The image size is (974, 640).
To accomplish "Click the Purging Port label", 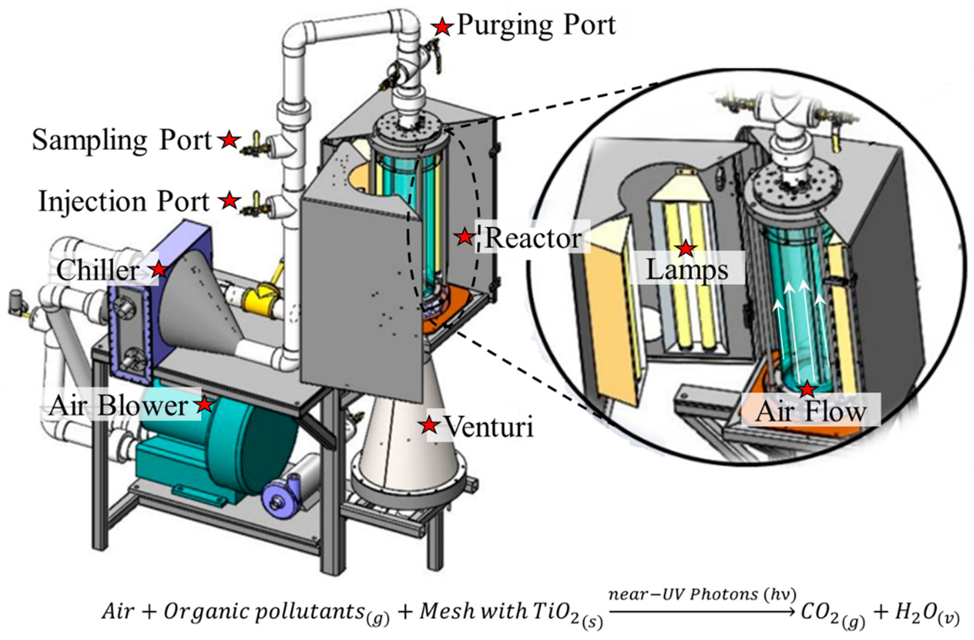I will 536,25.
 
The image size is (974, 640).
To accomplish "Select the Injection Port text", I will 123,201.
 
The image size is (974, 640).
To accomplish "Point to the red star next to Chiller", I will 159,269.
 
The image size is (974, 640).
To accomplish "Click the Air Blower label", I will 118,406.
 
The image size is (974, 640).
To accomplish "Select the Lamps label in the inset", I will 687,269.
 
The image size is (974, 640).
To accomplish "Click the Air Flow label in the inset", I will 811,411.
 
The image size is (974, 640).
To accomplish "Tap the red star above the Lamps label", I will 686,248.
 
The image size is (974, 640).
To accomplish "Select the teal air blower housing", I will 229,446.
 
